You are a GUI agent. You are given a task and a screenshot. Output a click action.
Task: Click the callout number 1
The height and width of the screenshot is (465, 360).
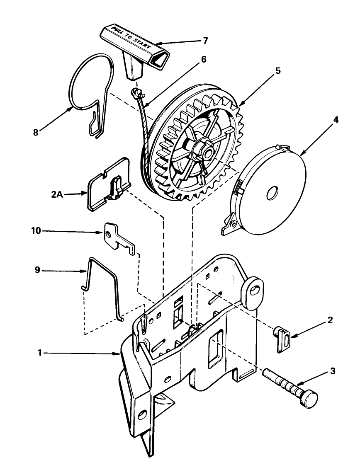pyautogui.click(x=40, y=353)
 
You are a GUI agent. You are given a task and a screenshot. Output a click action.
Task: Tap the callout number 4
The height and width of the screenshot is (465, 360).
pyautogui.click(x=336, y=120)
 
